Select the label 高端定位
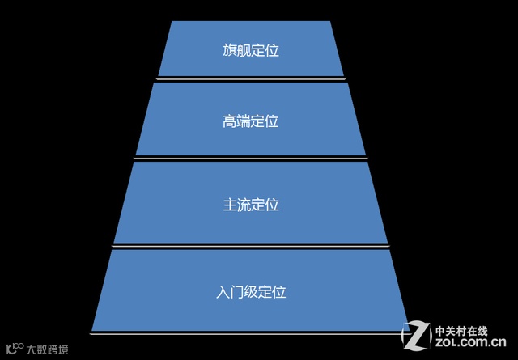pos(250,121)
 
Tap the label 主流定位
pos(250,205)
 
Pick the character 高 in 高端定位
pos(229,121)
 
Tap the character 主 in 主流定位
pos(229,205)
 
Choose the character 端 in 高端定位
pos(243,121)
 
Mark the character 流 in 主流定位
pos(243,205)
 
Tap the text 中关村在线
pos(461,330)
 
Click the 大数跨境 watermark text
pos(48,349)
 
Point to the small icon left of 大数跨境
pos(15,349)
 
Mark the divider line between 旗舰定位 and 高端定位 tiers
pos(250,78)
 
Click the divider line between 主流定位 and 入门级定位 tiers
pos(250,246)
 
